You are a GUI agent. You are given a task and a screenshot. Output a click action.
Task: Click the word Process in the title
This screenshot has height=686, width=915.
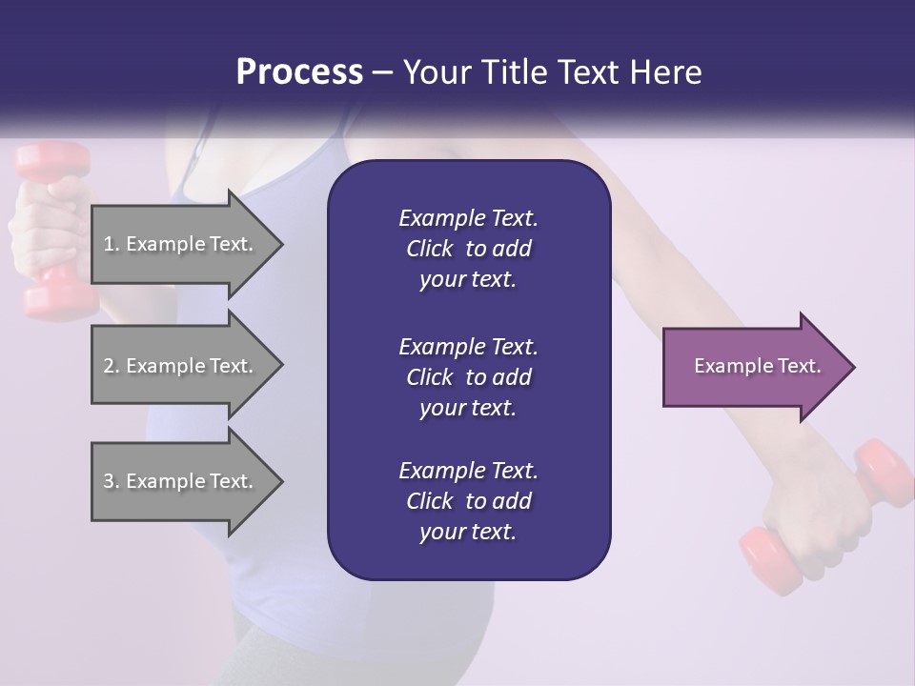[x=299, y=72]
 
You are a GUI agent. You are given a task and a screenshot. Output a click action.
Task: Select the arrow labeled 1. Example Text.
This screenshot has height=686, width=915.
[x=181, y=244]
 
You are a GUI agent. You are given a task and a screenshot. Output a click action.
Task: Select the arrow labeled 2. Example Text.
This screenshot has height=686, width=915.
[x=181, y=366]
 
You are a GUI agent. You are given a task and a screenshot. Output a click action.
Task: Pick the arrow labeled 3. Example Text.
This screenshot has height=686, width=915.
[x=181, y=481]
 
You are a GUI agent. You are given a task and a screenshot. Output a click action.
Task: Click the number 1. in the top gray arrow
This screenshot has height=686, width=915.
[x=112, y=245]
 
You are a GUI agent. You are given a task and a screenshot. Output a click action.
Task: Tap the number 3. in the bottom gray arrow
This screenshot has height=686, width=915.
[x=112, y=482]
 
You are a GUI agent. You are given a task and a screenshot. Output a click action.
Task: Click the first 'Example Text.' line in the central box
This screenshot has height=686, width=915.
[x=468, y=218]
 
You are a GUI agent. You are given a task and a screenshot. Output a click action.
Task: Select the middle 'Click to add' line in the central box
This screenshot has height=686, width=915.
[x=468, y=377]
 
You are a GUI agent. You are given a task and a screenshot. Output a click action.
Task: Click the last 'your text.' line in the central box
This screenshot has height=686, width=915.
[x=468, y=533]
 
